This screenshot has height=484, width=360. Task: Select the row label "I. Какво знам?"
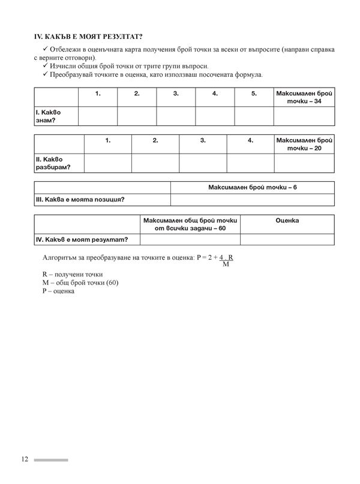pos(47,116)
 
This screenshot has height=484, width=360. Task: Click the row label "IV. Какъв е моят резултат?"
pos(82,239)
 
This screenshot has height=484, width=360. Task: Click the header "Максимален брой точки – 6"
pos(253,187)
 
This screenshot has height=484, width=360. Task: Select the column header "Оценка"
pos(287,221)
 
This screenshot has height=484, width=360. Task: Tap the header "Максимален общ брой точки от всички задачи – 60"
pos(190,224)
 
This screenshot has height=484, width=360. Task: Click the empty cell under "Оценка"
pos(287,239)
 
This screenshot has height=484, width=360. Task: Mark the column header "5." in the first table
pos(253,94)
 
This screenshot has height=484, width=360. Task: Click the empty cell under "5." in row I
pos(253,116)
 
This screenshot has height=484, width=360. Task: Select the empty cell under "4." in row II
pos(250,163)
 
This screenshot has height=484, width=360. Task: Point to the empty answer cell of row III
pos(253,199)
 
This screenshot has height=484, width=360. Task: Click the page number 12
pos(25,459)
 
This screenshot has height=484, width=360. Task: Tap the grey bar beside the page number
pos(51,460)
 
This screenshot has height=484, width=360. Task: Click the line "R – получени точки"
pos(68,274)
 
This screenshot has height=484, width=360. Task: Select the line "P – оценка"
pos(58,291)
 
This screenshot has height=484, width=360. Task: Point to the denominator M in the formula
pos(226,264)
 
